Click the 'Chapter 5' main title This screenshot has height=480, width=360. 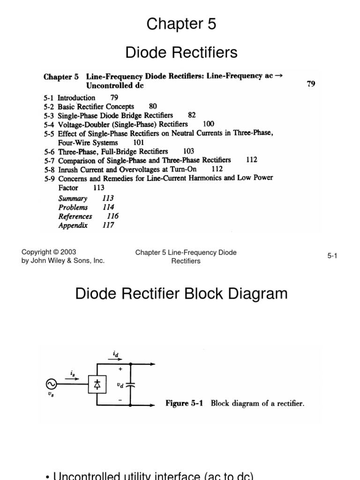tap(181, 24)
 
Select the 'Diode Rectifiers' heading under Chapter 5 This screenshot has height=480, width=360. tap(181, 53)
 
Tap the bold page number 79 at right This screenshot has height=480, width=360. tap(311, 84)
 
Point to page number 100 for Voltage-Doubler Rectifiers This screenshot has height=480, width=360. tap(208, 124)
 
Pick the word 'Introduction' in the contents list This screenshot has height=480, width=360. tap(76, 97)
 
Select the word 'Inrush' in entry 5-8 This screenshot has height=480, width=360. tap(68, 169)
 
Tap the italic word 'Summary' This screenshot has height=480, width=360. tap(73, 198)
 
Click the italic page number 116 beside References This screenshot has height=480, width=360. tap(112, 216)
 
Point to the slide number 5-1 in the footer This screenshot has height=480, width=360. tap(332, 256)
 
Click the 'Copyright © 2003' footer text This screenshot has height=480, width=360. tap(49, 252)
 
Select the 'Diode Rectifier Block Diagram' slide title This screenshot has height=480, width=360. tap(181, 294)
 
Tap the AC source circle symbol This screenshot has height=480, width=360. tap(51, 384)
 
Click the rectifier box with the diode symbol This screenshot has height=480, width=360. tap(97, 384)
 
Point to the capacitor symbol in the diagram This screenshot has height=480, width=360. tap(132, 384)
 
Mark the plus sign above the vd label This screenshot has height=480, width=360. tap(120, 369)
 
